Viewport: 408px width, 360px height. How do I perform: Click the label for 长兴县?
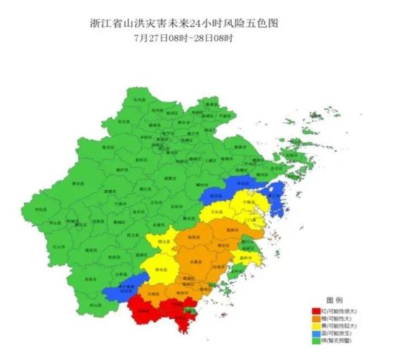click(139, 99)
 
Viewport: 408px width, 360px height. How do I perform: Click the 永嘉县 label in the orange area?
click(199, 261)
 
